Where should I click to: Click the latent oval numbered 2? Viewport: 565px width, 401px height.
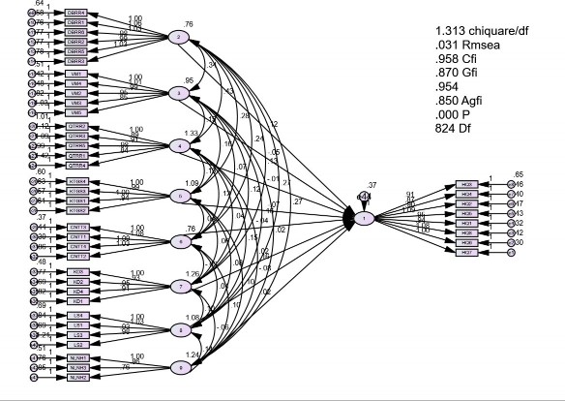tap(179, 38)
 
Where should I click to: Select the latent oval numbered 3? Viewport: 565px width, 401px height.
tap(179, 93)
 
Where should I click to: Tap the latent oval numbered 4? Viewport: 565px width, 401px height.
tap(179, 145)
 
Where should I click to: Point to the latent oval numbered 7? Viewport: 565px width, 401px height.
tap(179, 286)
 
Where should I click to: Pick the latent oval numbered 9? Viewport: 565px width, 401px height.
tap(179, 368)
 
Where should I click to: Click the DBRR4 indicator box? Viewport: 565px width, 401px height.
tap(76, 13)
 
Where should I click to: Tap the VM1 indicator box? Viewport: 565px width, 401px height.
tap(76, 73)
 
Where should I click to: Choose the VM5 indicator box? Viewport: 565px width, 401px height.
tap(76, 112)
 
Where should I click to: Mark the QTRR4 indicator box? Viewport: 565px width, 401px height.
tap(76, 165)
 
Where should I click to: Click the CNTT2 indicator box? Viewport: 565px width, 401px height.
tap(76, 227)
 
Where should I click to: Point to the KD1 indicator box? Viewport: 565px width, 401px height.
tap(76, 300)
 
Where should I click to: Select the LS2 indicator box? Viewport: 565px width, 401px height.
tap(76, 344)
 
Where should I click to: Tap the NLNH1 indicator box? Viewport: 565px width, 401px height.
tap(76, 358)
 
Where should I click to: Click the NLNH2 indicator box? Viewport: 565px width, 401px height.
tap(76, 378)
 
